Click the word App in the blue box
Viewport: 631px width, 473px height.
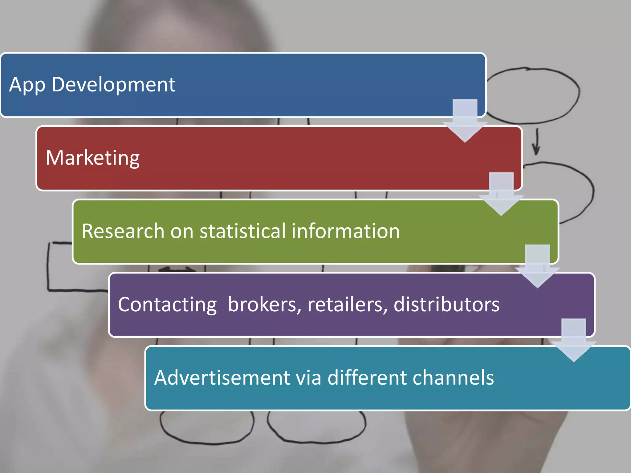click(x=27, y=85)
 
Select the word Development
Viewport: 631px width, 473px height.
click(x=113, y=85)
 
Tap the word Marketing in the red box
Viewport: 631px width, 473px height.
click(x=92, y=158)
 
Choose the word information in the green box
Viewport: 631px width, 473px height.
click(x=345, y=231)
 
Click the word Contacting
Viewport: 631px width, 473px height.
click(x=167, y=305)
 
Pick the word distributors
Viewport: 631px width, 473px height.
click(x=446, y=305)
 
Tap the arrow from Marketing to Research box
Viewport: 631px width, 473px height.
click(x=501, y=194)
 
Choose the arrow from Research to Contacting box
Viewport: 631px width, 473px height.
click(x=537, y=267)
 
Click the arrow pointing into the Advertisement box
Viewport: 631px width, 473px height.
click(x=574, y=341)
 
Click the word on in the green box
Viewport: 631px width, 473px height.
click(x=182, y=232)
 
